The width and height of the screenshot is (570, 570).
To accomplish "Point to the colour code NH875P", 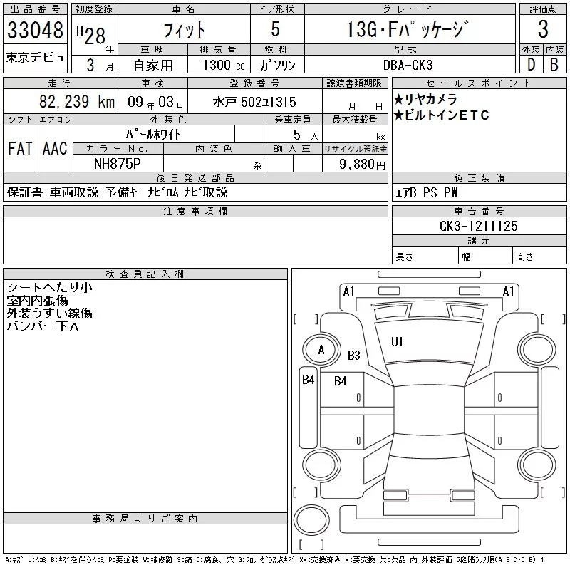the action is tap(118, 163).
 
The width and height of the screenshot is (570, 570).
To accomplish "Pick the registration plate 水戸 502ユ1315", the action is tap(254, 103).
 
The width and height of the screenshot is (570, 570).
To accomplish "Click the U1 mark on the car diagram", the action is tap(397, 342).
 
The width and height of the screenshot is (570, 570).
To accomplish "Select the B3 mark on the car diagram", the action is tap(354, 355).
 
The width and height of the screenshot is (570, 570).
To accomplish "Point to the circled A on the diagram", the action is tap(321, 350).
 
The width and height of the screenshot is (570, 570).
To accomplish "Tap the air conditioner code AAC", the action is tap(55, 148).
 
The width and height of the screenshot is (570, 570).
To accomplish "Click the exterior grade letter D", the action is tap(530, 63).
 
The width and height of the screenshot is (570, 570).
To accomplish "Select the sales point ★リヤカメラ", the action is tap(425, 99).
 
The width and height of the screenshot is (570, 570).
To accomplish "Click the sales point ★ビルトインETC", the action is tap(441, 115).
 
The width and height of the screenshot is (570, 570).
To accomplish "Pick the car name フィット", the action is tap(183, 30).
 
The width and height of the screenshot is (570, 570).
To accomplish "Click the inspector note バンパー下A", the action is tap(43, 326).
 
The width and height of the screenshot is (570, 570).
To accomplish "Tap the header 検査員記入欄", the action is tap(145, 274).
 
